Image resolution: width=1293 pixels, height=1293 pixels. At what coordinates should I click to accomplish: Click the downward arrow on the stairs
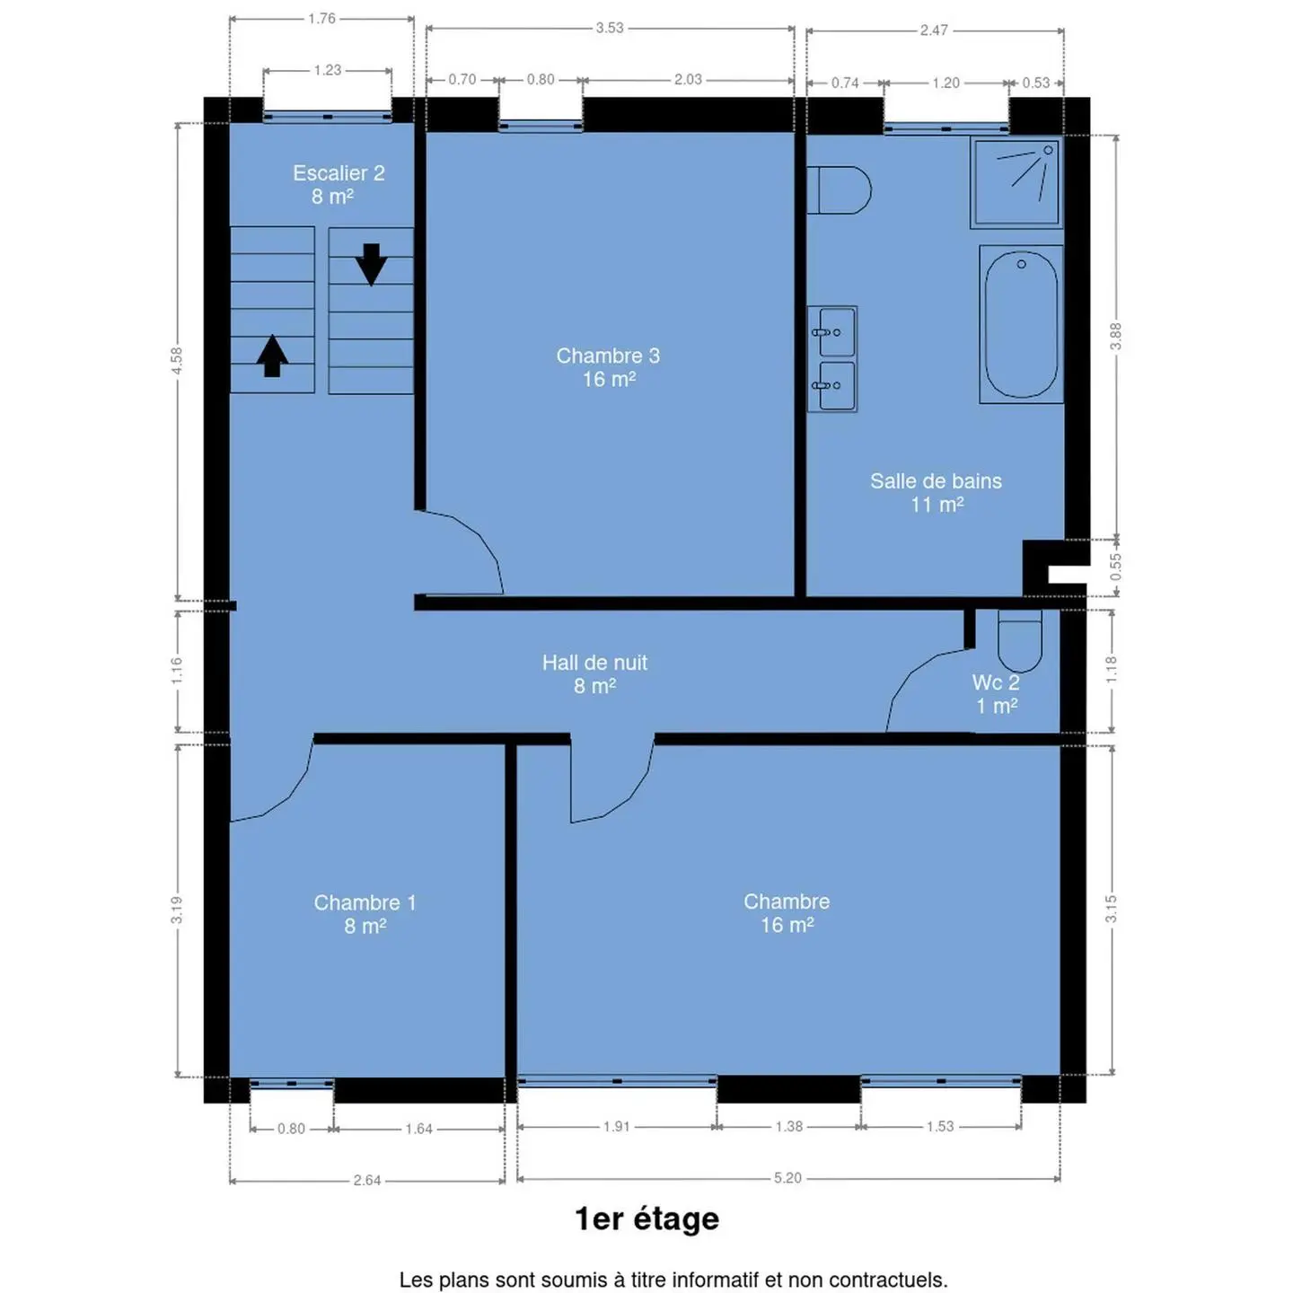tap(371, 264)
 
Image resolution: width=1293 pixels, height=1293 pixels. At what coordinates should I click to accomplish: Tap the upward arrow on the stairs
tap(272, 356)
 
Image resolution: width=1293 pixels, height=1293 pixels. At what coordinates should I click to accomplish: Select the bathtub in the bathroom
tap(1021, 324)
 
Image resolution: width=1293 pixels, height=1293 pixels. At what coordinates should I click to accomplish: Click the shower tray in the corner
tap(1016, 182)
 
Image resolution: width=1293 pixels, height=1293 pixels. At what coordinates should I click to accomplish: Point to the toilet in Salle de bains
tap(838, 189)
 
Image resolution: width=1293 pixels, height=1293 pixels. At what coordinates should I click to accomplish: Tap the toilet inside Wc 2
tap(1019, 640)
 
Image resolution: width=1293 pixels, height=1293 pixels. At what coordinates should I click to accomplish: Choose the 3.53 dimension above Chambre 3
tap(610, 28)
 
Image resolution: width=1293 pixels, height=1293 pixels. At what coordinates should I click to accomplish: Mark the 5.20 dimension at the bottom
tap(787, 1177)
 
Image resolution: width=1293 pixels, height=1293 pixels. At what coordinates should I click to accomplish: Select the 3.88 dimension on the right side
tap(1115, 337)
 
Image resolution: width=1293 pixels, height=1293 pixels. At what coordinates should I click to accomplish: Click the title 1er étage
tap(646, 1218)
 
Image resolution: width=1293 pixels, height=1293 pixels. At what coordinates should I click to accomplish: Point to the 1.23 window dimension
tap(328, 70)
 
